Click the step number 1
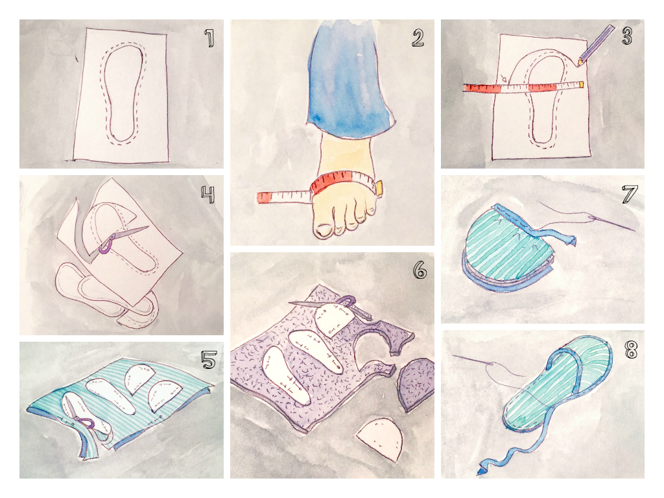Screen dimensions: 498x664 tap(209, 39)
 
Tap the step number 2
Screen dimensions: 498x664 tap(418, 38)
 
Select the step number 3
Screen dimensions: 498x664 tap(626, 36)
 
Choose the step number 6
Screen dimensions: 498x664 tap(420, 270)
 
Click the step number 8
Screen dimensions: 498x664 tap(628, 350)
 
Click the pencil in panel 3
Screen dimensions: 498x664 tap(597, 43)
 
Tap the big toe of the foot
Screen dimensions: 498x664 tap(323, 228)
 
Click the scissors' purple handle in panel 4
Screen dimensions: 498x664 tap(106, 245)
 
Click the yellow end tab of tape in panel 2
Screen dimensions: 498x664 tap(378, 188)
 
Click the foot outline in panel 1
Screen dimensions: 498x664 tap(121, 95)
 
